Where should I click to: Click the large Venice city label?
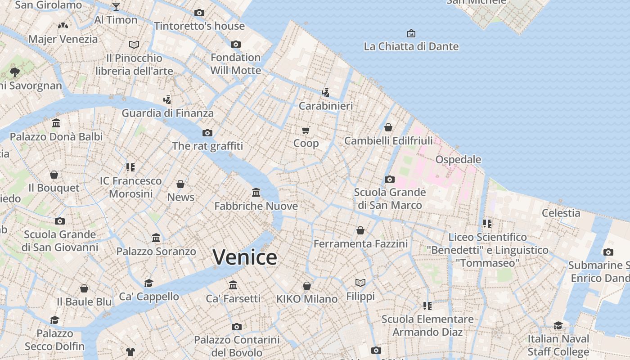coord(245,257)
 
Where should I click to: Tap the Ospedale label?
coord(458,160)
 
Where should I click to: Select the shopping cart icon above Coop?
coord(306,130)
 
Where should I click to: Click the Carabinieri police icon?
coord(325,93)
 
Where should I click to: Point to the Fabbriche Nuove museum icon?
coord(256,193)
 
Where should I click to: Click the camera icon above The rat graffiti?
coord(207,133)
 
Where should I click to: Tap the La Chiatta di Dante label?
coord(411,46)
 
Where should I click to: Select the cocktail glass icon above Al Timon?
coord(116,6)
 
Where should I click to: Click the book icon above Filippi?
coord(360,283)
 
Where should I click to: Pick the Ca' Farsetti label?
coord(233,299)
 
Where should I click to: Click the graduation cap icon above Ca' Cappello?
coord(148,283)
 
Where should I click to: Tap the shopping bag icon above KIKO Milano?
coord(307,286)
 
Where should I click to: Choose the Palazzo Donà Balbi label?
coord(56,137)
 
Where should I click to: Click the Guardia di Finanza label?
coord(167,113)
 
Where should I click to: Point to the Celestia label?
coord(561,213)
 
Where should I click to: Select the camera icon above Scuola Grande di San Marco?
coord(390,180)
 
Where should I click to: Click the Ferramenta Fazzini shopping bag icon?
coord(360,231)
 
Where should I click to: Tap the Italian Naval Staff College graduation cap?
coord(558,325)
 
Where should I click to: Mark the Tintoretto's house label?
coord(199,26)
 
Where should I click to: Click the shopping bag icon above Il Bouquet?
coord(54,175)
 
